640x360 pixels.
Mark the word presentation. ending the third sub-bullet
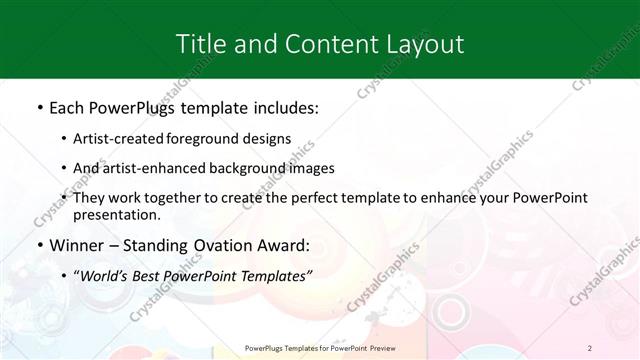pyautogui.click(x=116, y=214)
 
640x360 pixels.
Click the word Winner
pyautogui.click(x=74, y=245)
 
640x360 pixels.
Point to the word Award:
pyautogui.click(x=284, y=245)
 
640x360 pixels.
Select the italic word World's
pyautogui.click(x=107, y=274)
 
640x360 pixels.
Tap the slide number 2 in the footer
pyautogui.click(x=590, y=348)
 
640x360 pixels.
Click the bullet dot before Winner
pyautogui.click(x=40, y=245)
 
